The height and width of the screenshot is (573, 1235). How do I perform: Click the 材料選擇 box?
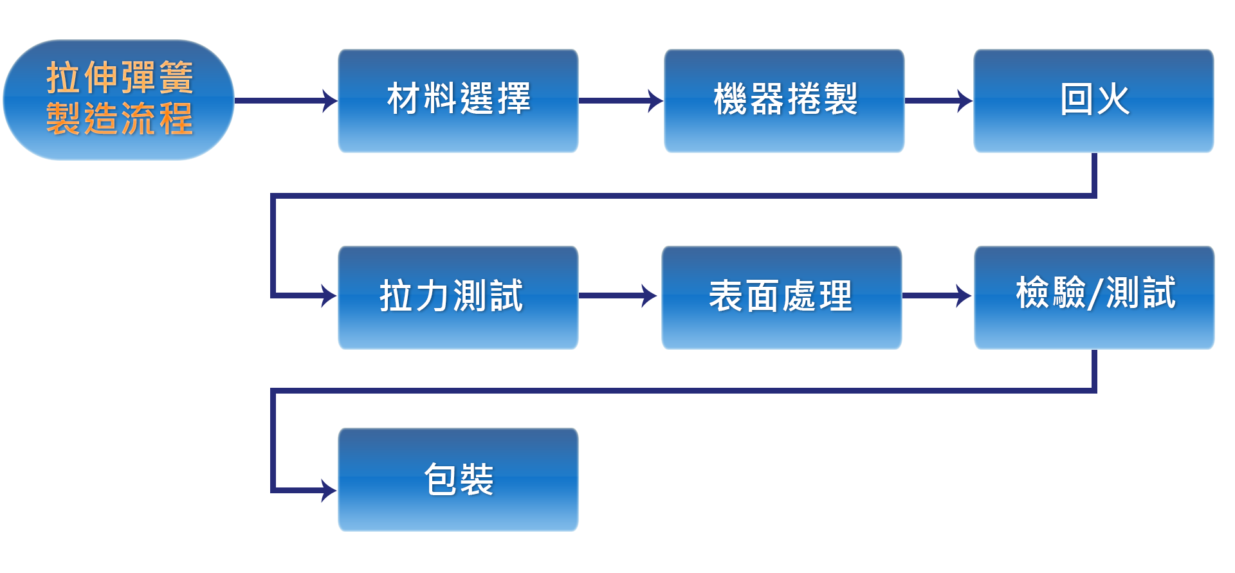(x=458, y=100)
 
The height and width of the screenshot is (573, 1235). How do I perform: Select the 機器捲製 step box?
(x=784, y=100)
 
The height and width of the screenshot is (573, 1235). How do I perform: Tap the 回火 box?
(x=1093, y=100)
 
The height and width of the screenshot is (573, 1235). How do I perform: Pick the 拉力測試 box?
(x=458, y=296)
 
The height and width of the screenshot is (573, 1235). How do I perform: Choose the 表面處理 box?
(x=781, y=296)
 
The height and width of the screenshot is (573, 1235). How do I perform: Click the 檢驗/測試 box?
(x=1093, y=296)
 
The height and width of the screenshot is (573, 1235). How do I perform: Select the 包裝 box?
(x=458, y=479)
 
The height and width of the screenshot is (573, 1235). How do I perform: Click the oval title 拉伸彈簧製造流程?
(x=118, y=100)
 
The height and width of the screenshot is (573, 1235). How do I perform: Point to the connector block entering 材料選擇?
(x=312, y=100)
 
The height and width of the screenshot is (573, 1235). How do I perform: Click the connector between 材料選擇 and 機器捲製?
(x=638, y=100)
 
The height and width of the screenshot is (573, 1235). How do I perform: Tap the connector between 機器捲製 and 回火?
(x=947, y=100)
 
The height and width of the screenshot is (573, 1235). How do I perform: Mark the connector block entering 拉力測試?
(x=312, y=295)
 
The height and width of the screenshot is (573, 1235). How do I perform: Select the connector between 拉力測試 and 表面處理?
(x=632, y=295)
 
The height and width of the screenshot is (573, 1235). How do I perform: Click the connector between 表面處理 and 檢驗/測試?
(x=947, y=295)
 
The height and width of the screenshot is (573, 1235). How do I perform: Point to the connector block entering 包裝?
(x=312, y=490)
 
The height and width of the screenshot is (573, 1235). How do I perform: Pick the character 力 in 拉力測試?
(x=432, y=296)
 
